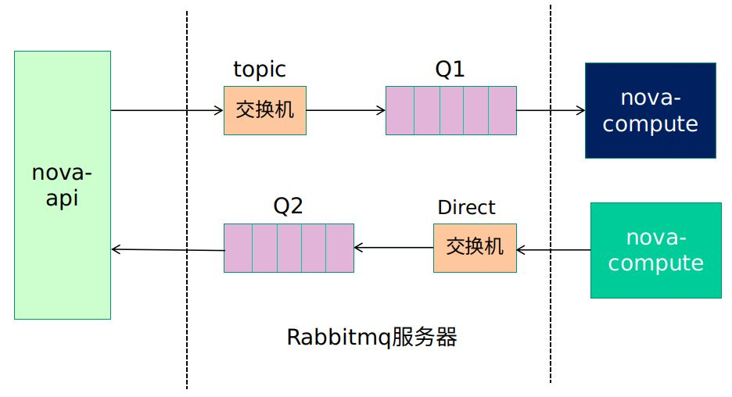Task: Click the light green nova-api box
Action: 63,185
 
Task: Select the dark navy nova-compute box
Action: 650,111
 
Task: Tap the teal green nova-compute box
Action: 655,250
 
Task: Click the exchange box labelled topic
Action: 264,110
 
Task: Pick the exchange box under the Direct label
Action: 475,248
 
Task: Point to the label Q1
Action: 450,70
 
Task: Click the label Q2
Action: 287,206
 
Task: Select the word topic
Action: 260,70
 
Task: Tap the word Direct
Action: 466,207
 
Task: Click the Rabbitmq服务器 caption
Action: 371,338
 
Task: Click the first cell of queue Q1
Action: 400,110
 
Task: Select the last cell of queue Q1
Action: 502,110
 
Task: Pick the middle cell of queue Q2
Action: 289,248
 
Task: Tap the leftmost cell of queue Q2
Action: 238,248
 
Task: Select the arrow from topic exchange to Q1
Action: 346,110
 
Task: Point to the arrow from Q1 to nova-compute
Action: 551,110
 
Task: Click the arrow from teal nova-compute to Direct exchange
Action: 553,250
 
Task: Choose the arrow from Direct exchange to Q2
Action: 393,249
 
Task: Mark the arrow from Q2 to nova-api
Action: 167,250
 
